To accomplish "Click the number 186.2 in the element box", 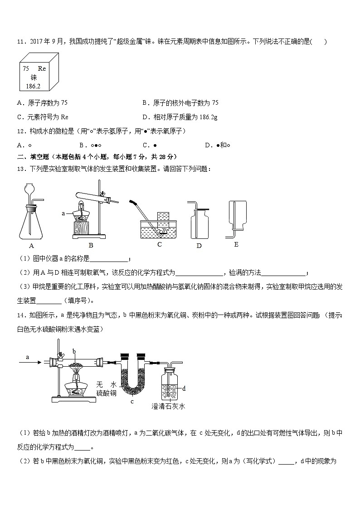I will coord(33,86).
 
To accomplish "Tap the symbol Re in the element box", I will coord(42,68).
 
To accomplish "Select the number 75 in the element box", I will coord(26,68).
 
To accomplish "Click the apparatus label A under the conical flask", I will coord(31,246).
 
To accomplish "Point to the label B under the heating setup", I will coord(91,246).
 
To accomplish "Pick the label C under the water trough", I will coord(159,244).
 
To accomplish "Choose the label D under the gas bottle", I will coord(199,246).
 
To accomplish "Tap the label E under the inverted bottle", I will coord(236,244).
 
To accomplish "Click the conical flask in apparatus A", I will coord(31,224).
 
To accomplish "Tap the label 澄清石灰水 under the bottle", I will coord(168,406).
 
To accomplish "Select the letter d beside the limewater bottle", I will coord(184,388).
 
